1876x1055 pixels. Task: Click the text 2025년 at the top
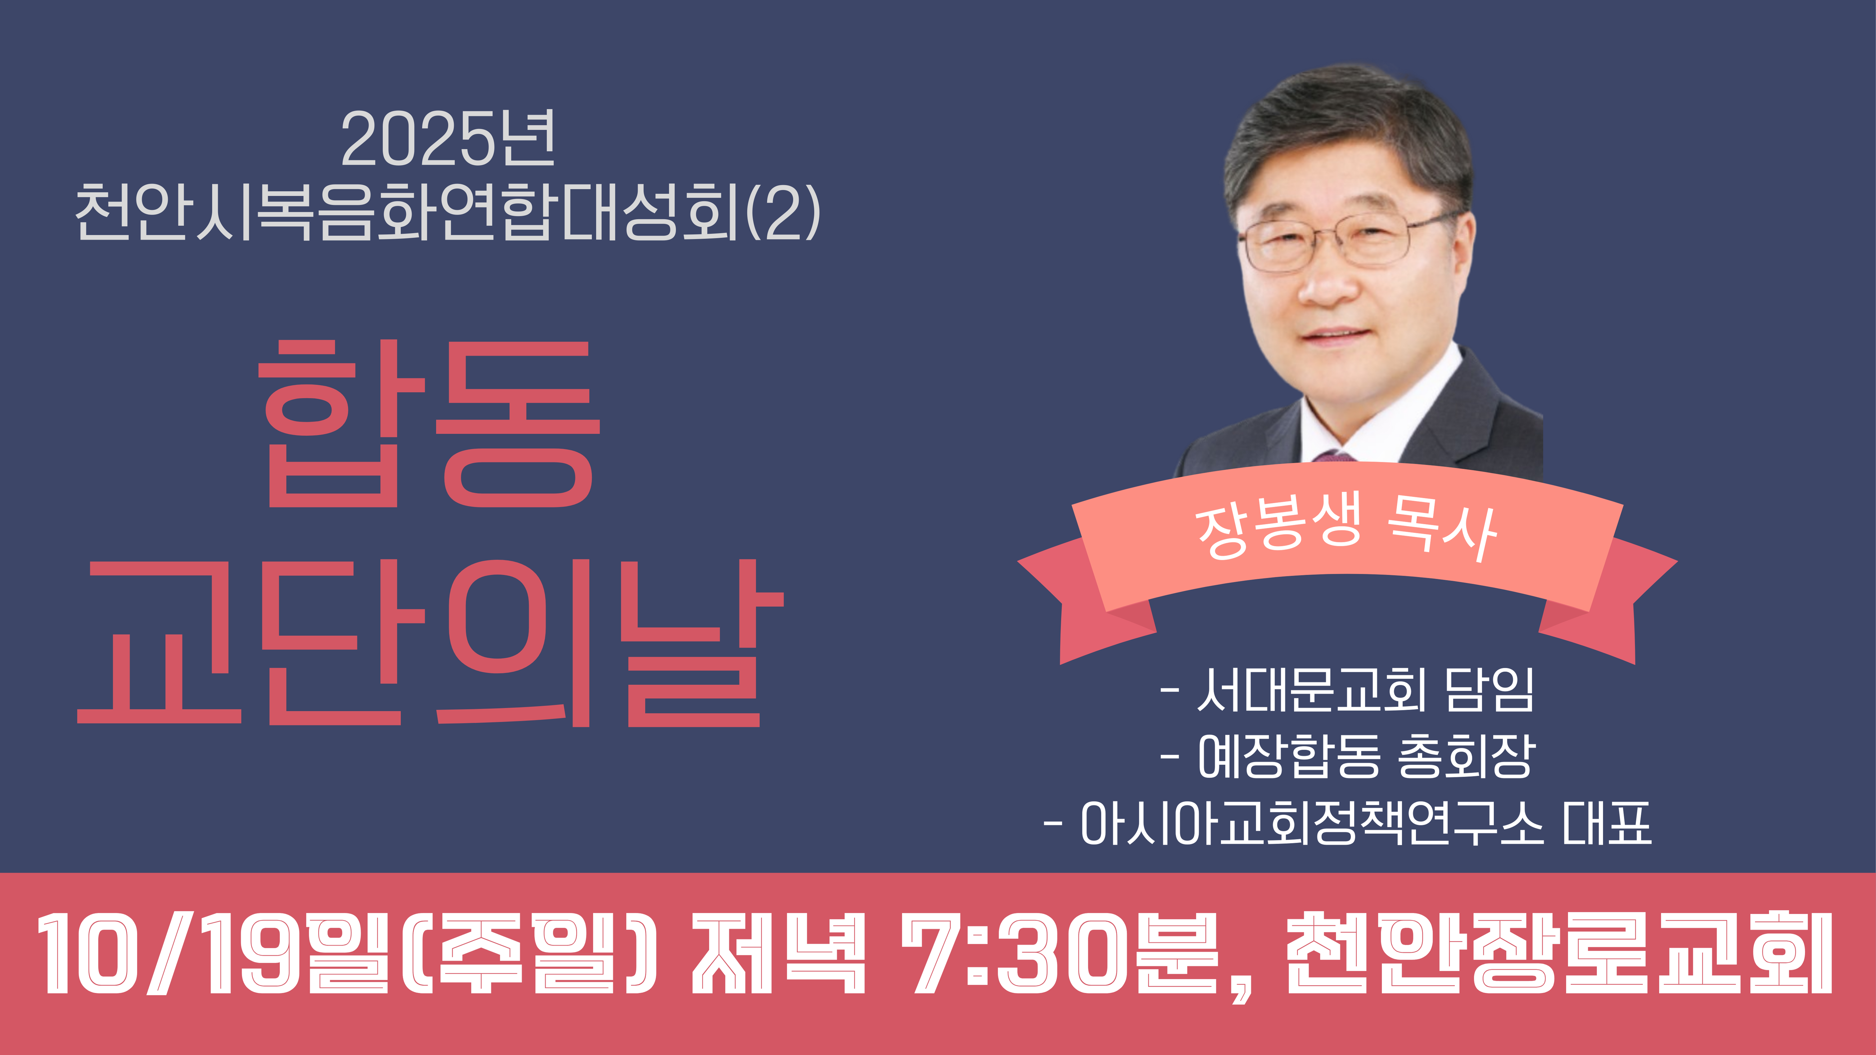pyautogui.click(x=448, y=138)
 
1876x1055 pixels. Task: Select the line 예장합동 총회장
pyautogui.click(x=1347, y=756)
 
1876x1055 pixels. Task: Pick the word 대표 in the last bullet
pyautogui.click(x=1607, y=823)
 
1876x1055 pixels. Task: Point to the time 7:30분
pyautogui.click(x=1060, y=954)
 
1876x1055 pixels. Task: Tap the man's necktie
pyautogui.click(x=1334, y=457)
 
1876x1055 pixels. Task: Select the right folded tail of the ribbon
pyautogui.click(x=1610, y=601)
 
